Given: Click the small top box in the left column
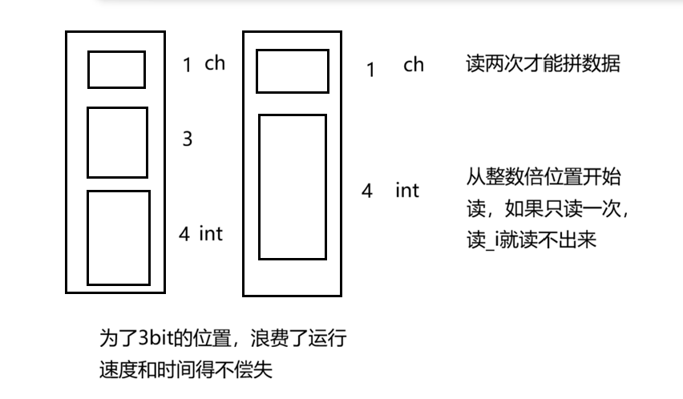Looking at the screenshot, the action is [x=116, y=69].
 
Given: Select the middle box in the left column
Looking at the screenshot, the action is [x=117, y=142].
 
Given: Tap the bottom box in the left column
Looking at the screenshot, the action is [x=118, y=237].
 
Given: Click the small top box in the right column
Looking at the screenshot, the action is [x=292, y=71].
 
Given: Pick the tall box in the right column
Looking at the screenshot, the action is [x=292, y=187].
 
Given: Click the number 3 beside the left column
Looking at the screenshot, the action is [x=188, y=139].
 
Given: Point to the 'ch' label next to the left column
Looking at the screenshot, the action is [x=215, y=63].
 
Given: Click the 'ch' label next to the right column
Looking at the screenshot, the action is [x=414, y=65].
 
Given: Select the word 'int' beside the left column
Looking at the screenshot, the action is [x=211, y=233].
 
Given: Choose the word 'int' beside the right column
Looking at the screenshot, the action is [x=406, y=191].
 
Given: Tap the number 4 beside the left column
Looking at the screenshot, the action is [x=184, y=234].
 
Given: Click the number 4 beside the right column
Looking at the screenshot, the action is [x=366, y=191].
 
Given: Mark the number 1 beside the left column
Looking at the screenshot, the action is [x=188, y=66].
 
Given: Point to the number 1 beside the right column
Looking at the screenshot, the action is [x=370, y=70].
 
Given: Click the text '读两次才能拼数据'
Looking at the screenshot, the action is [x=543, y=64].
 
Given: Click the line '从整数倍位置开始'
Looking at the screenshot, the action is [x=544, y=176].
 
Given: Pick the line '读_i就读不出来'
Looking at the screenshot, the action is [x=531, y=239].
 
